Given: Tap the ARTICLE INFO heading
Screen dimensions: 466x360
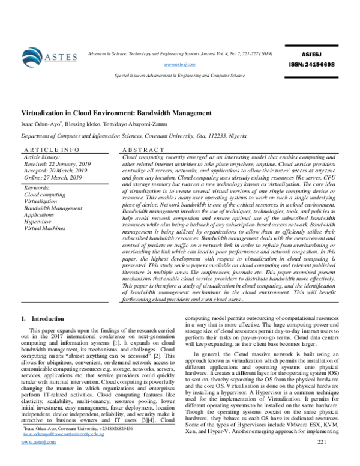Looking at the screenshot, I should coord(50,148).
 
